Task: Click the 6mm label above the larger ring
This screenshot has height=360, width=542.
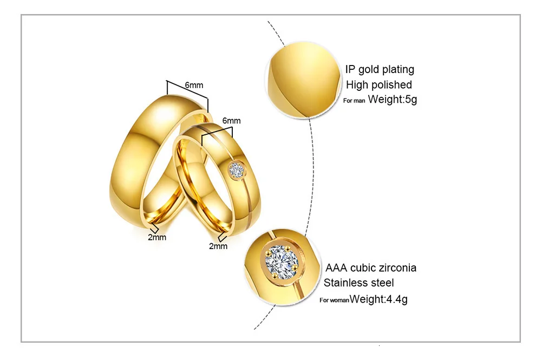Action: (194, 86)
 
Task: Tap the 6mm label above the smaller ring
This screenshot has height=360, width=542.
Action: (231, 121)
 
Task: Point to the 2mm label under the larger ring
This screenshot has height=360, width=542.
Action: (158, 237)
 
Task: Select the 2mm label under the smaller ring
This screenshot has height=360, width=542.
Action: (218, 246)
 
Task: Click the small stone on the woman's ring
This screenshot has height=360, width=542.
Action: (236, 169)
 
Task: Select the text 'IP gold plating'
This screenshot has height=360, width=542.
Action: (380, 69)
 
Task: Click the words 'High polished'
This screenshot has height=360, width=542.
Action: (379, 84)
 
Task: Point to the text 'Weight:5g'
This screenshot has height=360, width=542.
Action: (393, 100)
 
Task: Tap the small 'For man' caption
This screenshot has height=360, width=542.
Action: (354, 101)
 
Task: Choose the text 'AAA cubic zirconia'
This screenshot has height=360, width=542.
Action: (371, 268)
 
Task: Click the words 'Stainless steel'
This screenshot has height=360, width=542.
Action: (359, 283)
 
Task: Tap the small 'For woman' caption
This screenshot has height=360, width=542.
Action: (334, 300)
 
